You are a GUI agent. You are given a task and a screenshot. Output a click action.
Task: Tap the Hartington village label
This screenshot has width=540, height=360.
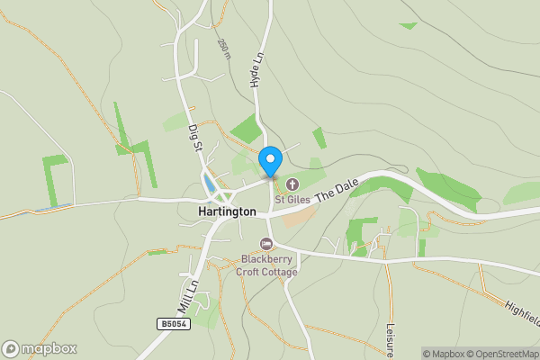tap(226, 211)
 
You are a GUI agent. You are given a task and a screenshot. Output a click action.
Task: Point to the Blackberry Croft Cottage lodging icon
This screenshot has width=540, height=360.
tap(265, 244)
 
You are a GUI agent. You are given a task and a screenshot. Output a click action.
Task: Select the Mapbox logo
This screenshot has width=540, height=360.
tap(40, 348)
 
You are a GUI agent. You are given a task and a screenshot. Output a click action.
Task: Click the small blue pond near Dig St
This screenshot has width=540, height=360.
tap(210, 184)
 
